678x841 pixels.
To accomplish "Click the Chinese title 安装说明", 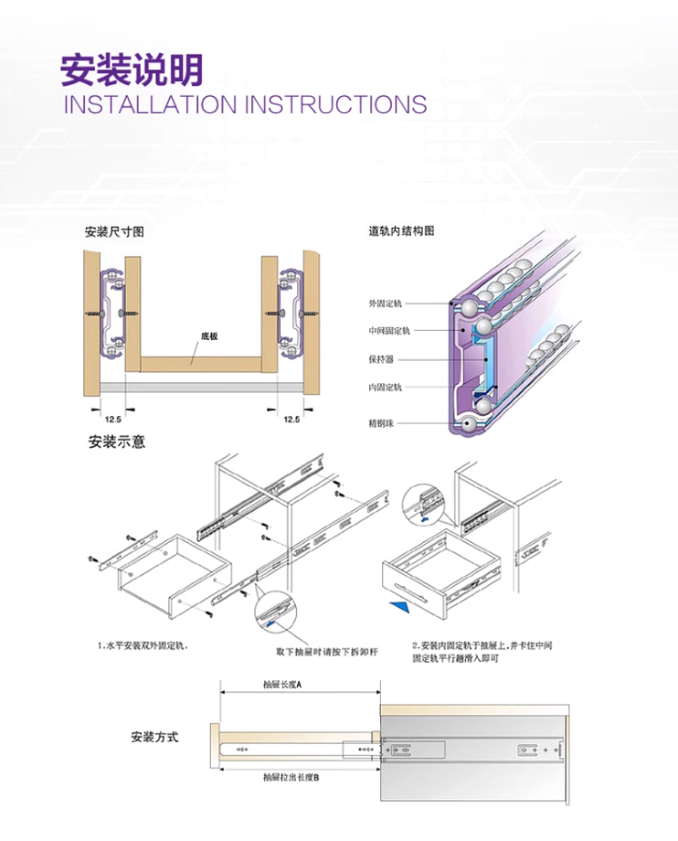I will point(132,69).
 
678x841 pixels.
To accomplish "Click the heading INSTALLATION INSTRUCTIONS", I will point(244,104).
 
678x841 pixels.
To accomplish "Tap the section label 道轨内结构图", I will point(401,231).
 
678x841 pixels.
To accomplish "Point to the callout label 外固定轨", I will point(385,303).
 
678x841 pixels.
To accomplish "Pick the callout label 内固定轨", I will point(385,388).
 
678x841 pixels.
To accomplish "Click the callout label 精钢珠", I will point(381,423).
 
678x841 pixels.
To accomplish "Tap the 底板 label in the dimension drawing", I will point(209,336).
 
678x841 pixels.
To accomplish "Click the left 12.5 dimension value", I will point(113,419).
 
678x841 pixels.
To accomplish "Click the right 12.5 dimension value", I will point(291,419).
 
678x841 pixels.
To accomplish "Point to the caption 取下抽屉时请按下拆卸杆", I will point(326,652).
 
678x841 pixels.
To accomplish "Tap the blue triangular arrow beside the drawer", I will point(397,605).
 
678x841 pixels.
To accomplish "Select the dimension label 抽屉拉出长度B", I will point(290,778).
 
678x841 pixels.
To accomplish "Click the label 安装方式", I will point(154,737).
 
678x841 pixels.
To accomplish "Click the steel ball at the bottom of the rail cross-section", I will point(470,423).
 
